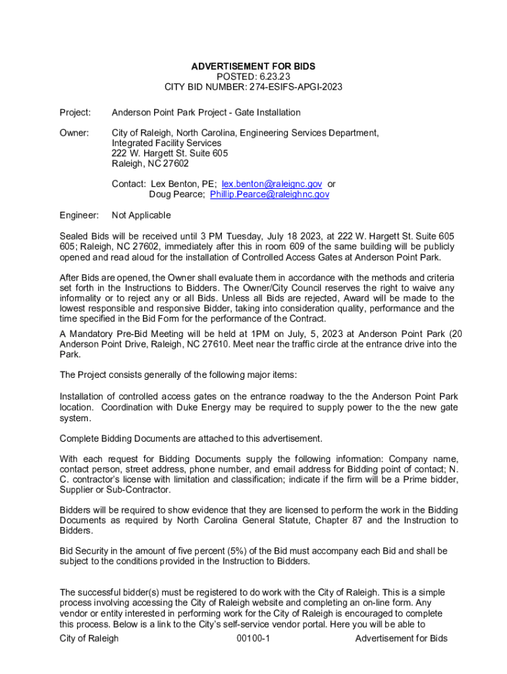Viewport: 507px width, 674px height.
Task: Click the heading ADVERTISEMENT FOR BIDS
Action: (253, 66)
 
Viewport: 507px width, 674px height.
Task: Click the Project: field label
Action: (75, 113)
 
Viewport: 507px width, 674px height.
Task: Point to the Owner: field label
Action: (74, 133)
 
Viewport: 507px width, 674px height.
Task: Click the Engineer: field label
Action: (79, 215)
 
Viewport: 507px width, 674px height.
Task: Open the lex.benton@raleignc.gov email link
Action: (272, 184)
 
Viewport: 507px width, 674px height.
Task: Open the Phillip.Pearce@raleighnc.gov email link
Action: (269, 195)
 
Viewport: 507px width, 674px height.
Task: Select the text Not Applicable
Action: (141, 215)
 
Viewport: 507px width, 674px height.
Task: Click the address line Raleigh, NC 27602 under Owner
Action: (149, 164)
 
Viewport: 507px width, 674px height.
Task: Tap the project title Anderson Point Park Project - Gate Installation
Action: (206, 113)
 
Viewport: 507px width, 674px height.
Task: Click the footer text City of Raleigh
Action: (89, 638)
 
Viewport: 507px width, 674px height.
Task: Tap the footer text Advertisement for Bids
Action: (401, 638)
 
